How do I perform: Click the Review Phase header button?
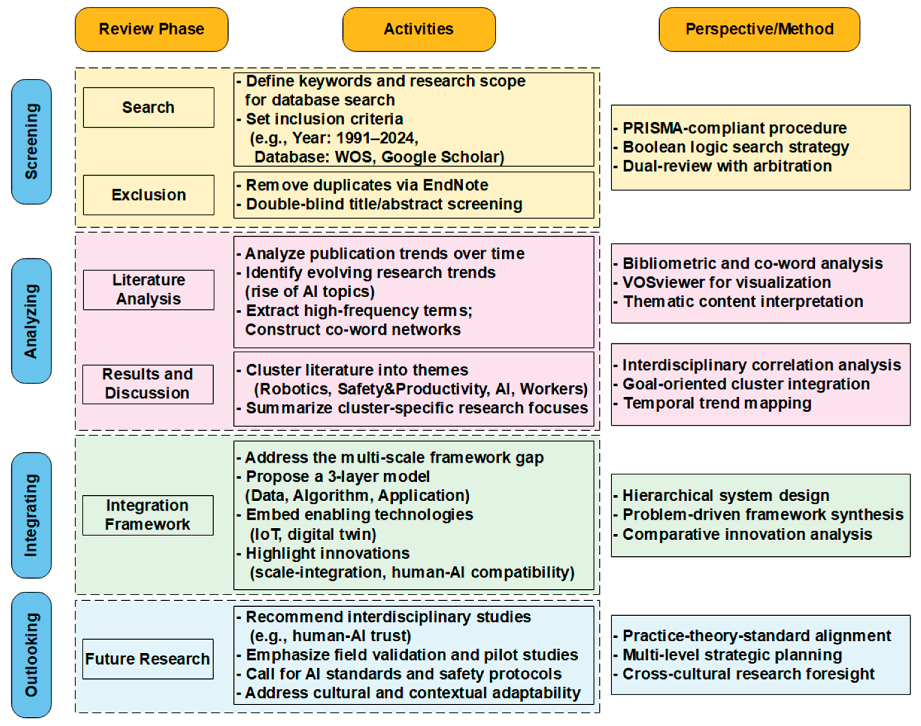pyautogui.click(x=151, y=29)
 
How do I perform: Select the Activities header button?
pyautogui.click(x=419, y=29)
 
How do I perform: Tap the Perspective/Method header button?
pyautogui.click(x=759, y=29)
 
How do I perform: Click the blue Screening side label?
pyautogui.click(x=31, y=141)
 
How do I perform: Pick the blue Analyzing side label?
pyautogui.click(x=31, y=321)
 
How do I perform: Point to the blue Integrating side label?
pyautogui.click(x=31, y=515)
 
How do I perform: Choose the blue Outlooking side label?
pyautogui.click(x=31, y=655)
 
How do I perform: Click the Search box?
pyautogui.click(x=148, y=108)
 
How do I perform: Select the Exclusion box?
pyautogui.click(x=148, y=195)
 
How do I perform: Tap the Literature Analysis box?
pyautogui.click(x=148, y=290)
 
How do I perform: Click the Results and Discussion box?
pyautogui.click(x=148, y=384)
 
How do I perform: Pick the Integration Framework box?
pyautogui.click(x=148, y=515)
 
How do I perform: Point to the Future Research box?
pyautogui.click(x=148, y=659)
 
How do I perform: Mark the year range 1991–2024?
pyautogui.click(x=376, y=138)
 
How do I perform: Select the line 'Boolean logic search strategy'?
pyautogui.click(x=736, y=147)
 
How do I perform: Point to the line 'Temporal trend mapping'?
pyautogui.click(x=717, y=403)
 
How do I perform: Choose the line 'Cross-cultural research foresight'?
pyautogui.click(x=748, y=674)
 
